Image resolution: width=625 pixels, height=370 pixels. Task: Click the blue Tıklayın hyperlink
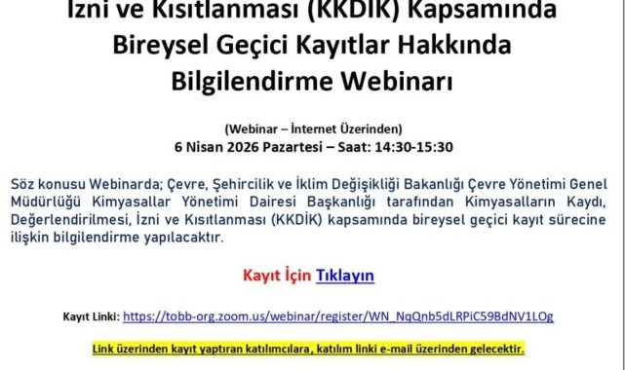pos(344,276)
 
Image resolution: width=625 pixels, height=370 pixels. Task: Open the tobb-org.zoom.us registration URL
pos(338,316)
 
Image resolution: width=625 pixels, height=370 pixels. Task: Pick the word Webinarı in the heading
pos(399,81)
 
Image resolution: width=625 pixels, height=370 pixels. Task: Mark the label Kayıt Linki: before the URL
pos(91,316)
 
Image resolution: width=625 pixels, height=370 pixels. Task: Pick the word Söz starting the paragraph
pos(23,185)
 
